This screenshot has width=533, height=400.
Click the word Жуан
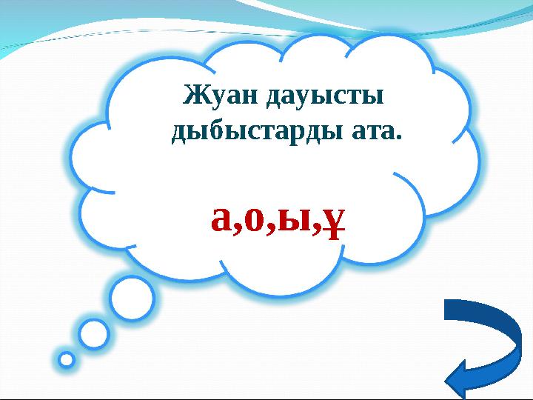[x=215, y=96]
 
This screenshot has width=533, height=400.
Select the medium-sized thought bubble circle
[x=94, y=333]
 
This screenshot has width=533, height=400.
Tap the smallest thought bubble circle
[x=67, y=360]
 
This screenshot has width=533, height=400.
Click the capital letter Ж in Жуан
[x=194, y=96]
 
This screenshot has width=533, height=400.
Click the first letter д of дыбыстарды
[x=180, y=133]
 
